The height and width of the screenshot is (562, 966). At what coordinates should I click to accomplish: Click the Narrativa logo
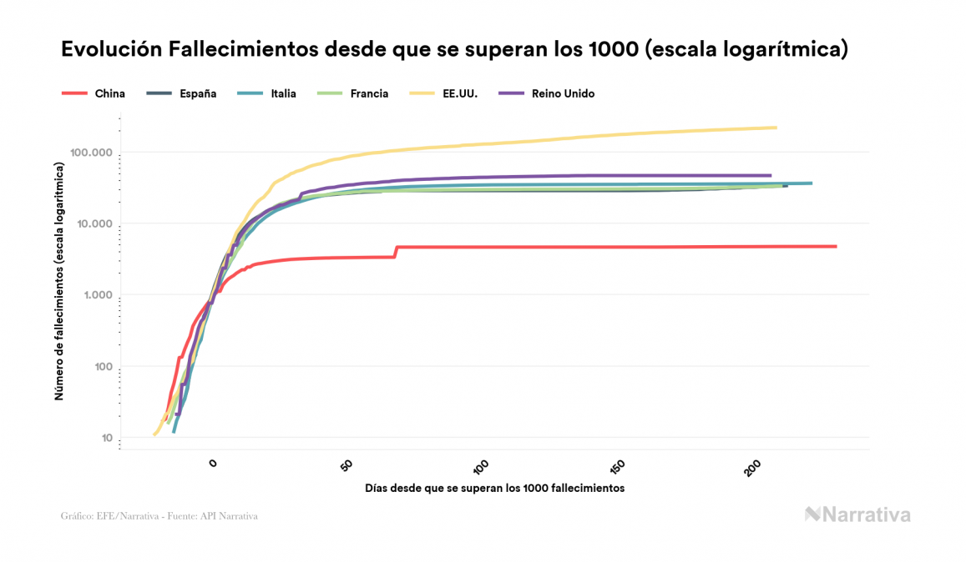click(857, 514)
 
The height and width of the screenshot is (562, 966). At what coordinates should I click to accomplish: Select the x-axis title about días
click(494, 488)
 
